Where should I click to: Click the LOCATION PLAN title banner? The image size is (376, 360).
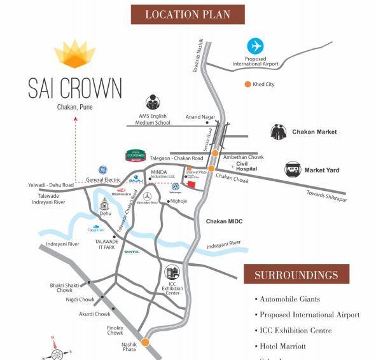pos(188,14)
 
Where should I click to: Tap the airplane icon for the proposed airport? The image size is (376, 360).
pos(255,46)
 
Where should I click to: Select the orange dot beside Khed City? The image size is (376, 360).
pos(247,84)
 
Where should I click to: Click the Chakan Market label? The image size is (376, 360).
pos(314,132)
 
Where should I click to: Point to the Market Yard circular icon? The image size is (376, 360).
pos(293,169)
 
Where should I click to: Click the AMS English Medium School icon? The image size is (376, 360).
pos(153,102)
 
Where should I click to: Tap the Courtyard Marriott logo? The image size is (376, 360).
pos(136,156)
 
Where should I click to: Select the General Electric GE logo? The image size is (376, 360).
pos(102,170)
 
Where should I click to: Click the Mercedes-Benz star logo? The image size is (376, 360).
pos(147,197)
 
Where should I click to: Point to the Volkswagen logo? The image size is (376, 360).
pos(174,188)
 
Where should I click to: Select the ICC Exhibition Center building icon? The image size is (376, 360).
pos(172,273)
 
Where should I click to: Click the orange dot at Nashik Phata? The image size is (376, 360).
pos(145,342)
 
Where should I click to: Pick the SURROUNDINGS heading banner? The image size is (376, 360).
pos(296,275)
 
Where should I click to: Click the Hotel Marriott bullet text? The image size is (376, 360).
pos(282,346)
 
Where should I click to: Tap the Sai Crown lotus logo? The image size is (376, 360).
pos(74,54)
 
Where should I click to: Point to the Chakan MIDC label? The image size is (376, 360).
pos(224,221)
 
